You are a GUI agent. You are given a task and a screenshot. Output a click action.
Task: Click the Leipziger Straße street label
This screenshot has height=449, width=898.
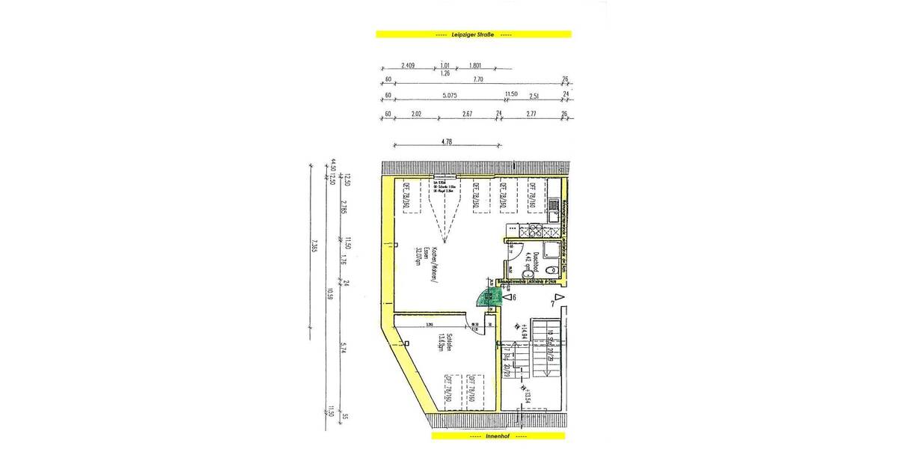tap(472, 34)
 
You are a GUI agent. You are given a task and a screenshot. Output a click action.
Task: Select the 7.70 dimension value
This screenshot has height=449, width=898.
tap(476, 77)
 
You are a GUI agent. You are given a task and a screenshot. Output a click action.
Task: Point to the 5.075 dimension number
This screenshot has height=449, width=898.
tap(449, 95)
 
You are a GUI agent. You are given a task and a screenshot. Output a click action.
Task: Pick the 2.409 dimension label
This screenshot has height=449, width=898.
tap(408, 65)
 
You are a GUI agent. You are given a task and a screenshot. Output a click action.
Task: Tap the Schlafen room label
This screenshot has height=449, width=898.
tap(442, 346)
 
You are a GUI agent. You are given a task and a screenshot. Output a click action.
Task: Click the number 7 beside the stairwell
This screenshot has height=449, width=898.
tap(552, 303)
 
